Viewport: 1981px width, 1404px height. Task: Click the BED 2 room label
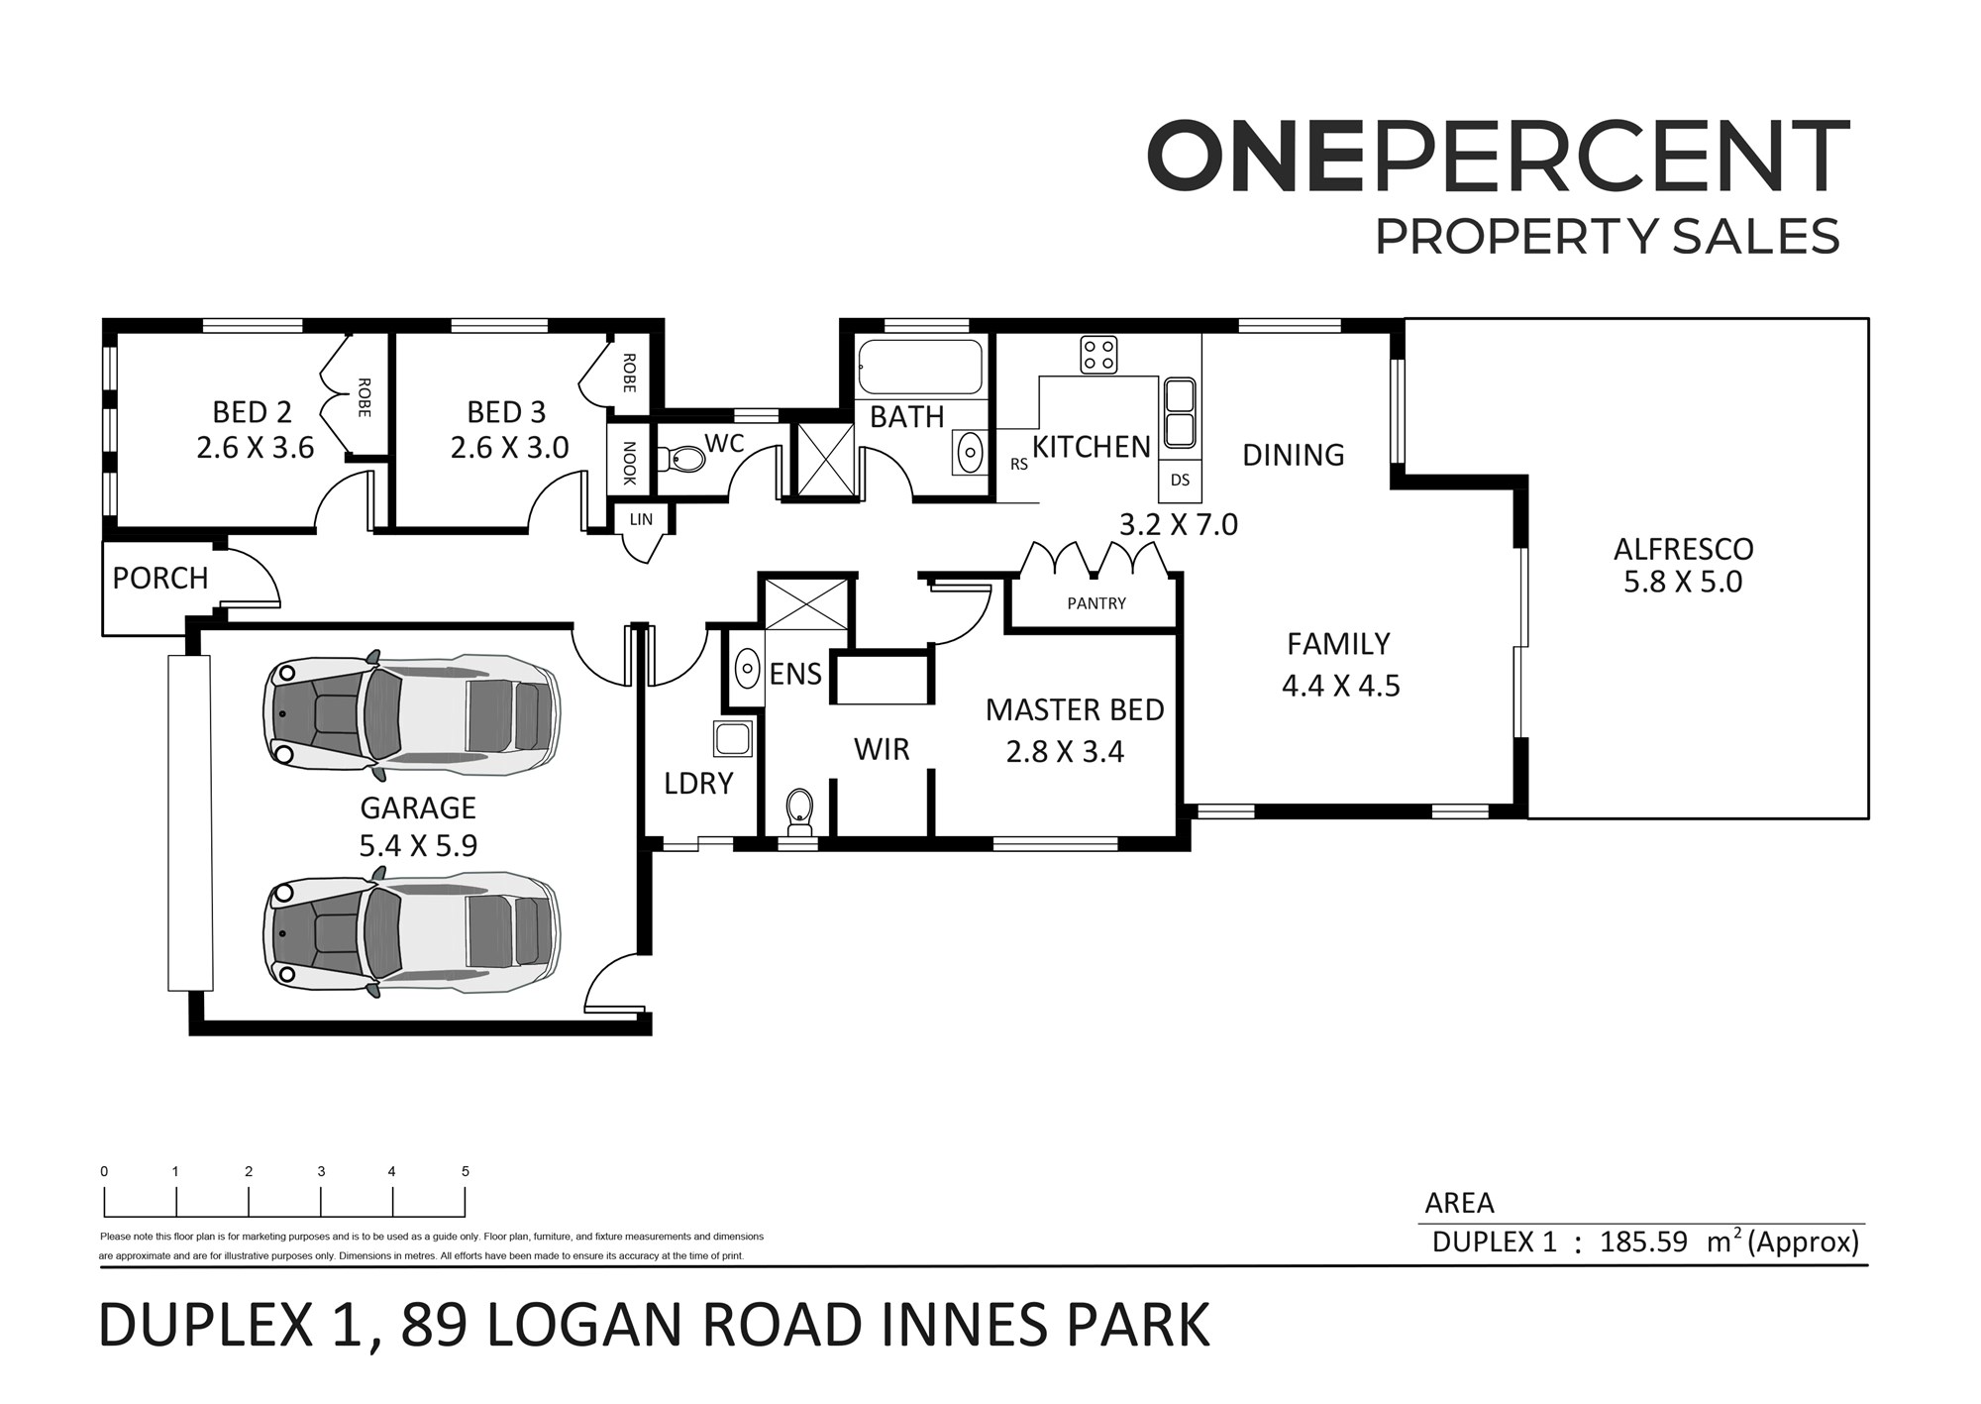click(x=253, y=412)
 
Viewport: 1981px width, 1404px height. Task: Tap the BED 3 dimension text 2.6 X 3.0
click(x=509, y=448)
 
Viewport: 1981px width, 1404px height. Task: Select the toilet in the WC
click(x=684, y=458)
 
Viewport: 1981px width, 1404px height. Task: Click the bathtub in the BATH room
click(x=920, y=368)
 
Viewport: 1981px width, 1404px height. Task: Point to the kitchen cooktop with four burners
click(x=1098, y=355)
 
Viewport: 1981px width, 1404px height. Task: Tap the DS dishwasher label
click(x=1180, y=481)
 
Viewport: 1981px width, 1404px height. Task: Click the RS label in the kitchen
click(x=1019, y=464)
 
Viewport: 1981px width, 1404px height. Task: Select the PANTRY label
click(x=1096, y=603)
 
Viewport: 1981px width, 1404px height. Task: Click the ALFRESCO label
click(x=1683, y=549)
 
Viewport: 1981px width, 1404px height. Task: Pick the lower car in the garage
click(x=411, y=931)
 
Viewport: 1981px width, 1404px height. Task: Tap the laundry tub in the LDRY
click(x=733, y=739)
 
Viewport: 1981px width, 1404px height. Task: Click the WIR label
click(x=882, y=750)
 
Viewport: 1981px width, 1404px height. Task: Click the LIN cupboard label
click(x=641, y=519)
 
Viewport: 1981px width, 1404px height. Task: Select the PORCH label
click(x=160, y=579)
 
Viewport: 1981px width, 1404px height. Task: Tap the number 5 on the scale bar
click(x=466, y=1171)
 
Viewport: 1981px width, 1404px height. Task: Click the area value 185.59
click(x=1643, y=1242)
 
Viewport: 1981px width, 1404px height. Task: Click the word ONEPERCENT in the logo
click(x=1498, y=157)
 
